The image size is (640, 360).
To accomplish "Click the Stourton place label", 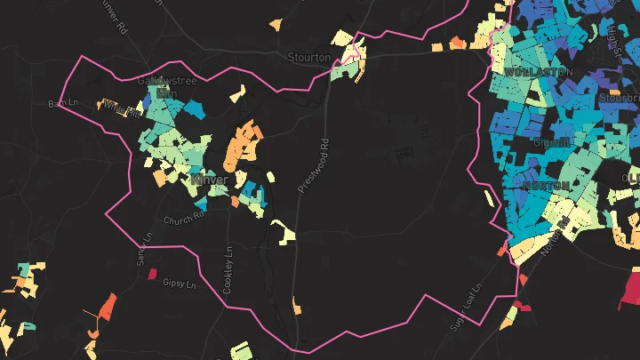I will point(309,57).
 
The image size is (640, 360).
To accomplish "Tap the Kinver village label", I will point(210,180).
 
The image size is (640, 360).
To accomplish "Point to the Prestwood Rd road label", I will point(313,164).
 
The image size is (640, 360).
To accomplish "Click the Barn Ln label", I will point(63,104).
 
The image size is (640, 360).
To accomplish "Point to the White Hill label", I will point(122,109).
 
